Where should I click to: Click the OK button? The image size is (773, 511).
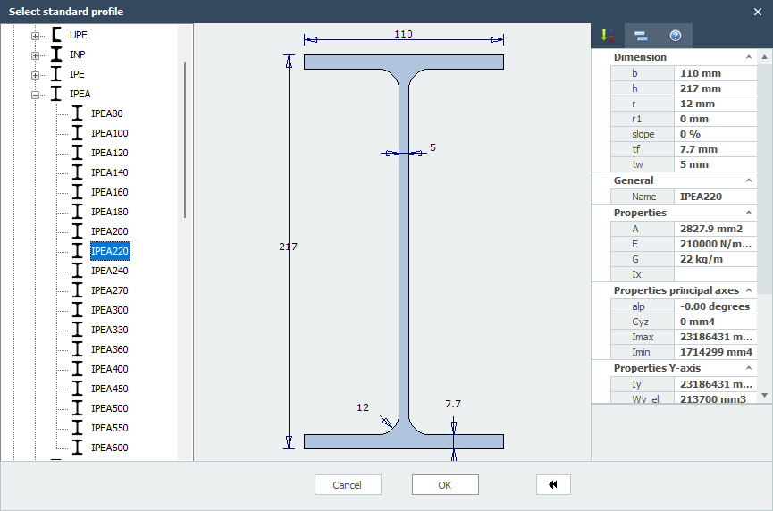(445, 484)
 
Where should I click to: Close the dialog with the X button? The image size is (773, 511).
(758, 12)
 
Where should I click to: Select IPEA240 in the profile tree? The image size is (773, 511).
(110, 271)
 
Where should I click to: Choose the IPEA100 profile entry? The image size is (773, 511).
(110, 133)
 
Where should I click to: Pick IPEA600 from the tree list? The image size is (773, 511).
(110, 448)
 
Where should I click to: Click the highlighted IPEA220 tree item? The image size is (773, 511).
(110, 251)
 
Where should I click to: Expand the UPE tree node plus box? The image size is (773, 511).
(36, 36)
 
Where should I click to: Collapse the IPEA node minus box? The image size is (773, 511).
(36, 95)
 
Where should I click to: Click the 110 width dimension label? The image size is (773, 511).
(403, 34)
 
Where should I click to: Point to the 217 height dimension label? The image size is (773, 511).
(288, 247)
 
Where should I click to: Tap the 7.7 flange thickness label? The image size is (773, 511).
(453, 404)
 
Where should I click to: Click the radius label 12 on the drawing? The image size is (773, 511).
(363, 407)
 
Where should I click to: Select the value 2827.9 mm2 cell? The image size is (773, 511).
(711, 229)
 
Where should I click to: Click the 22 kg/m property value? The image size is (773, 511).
(702, 259)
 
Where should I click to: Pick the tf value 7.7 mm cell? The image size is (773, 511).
(699, 149)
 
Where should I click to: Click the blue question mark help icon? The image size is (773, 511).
(676, 36)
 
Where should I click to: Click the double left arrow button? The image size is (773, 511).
(553, 484)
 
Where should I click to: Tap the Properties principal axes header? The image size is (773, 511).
(676, 290)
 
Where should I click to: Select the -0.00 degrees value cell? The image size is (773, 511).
(714, 306)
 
